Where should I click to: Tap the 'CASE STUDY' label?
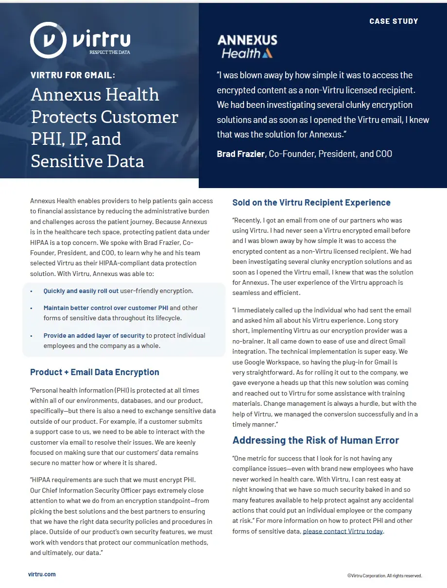pyautogui.click(x=394, y=21)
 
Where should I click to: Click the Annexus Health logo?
pyautogui.click(x=247, y=47)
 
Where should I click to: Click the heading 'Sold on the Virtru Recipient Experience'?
pyautogui.click(x=311, y=203)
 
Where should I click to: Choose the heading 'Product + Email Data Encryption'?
pyautogui.click(x=95, y=372)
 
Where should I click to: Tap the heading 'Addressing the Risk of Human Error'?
pyautogui.click(x=315, y=440)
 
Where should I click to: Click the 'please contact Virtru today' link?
pyautogui.click(x=343, y=531)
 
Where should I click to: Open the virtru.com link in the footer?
pyautogui.click(x=42, y=574)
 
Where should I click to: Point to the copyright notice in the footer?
pyautogui.click(x=384, y=576)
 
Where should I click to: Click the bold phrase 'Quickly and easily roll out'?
pyautogui.click(x=81, y=291)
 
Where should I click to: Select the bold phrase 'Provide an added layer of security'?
pyautogui.click(x=94, y=335)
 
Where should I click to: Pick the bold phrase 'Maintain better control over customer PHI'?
pyautogui.click(x=105, y=308)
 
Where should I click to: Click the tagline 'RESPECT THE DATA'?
pyautogui.click(x=110, y=52)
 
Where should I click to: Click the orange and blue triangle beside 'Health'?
pyautogui.click(x=267, y=53)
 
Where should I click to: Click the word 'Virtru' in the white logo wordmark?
pyautogui.click(x=102, y=38)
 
